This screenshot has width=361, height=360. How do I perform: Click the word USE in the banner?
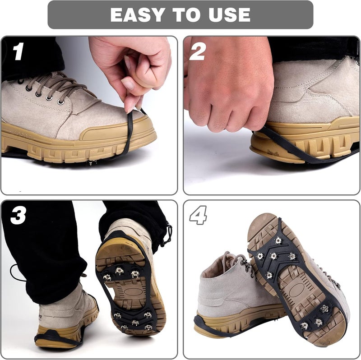tap(227, 14)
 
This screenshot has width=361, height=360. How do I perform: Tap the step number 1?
tap(18, 52)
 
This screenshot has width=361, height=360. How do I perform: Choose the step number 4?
tap(198, 216)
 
